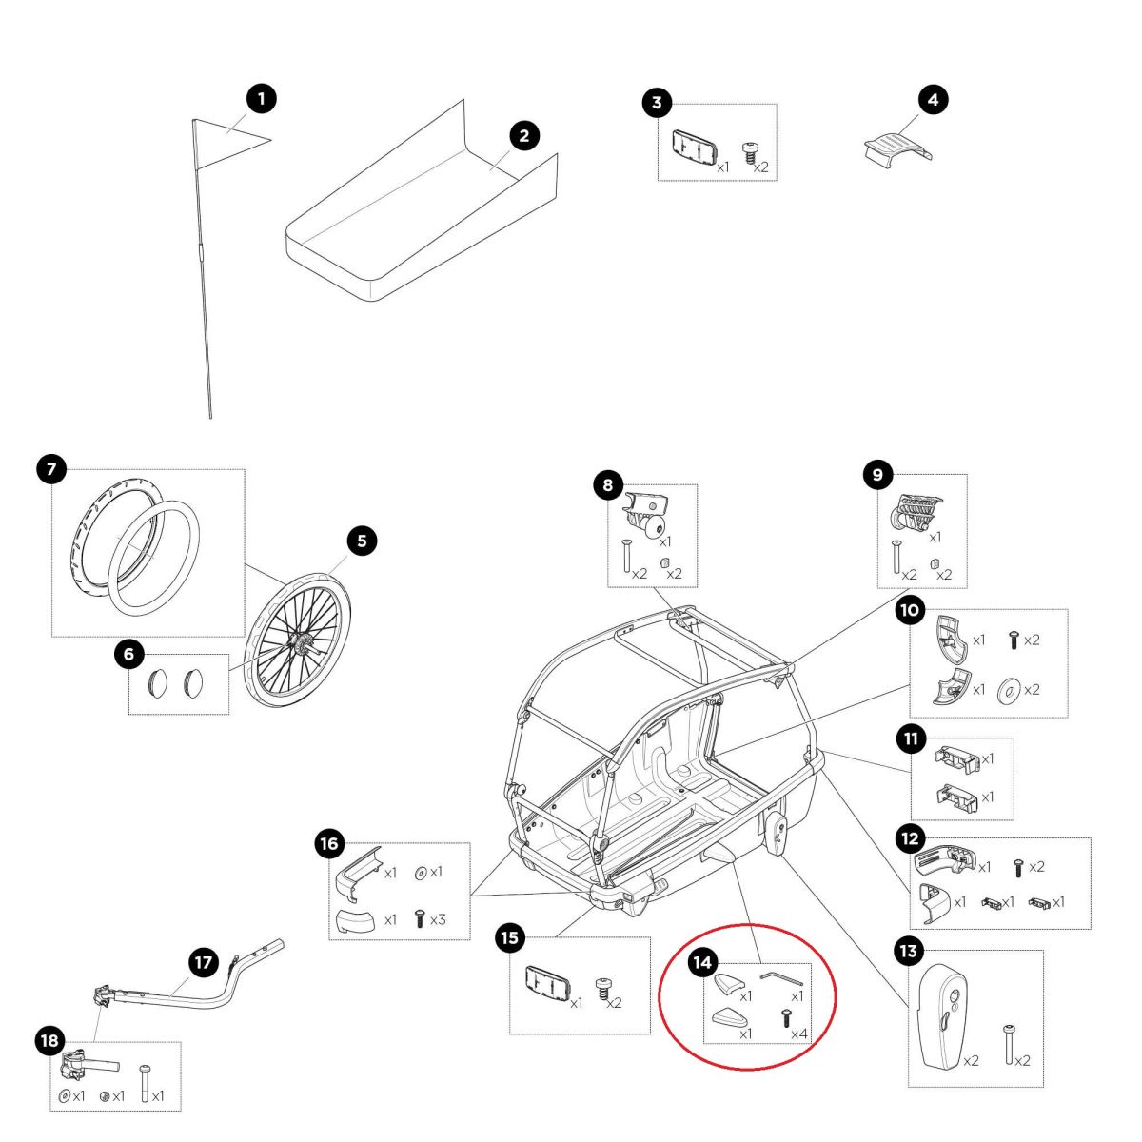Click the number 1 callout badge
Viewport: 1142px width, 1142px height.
[261, 98]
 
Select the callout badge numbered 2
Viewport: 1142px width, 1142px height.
[523, 135]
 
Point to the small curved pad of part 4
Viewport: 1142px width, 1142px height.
[895, 150]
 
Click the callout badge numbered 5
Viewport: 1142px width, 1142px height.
[362, 541]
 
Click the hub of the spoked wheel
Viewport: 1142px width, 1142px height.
[298, 644]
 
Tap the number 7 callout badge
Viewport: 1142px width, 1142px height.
[51, 468]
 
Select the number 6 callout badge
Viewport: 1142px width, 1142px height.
[128, 654]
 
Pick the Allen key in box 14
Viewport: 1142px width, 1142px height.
[781, 977]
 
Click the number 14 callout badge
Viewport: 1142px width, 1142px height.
[701, 962]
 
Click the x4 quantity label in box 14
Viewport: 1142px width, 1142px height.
[799, 1034]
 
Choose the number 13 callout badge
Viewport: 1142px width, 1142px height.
[908, 950]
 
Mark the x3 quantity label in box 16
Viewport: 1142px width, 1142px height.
[438, 920]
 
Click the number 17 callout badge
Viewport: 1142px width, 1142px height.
[203, 962]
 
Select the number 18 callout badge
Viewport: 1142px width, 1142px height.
[49, 1041]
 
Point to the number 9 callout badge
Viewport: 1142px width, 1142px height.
[877, 474]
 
